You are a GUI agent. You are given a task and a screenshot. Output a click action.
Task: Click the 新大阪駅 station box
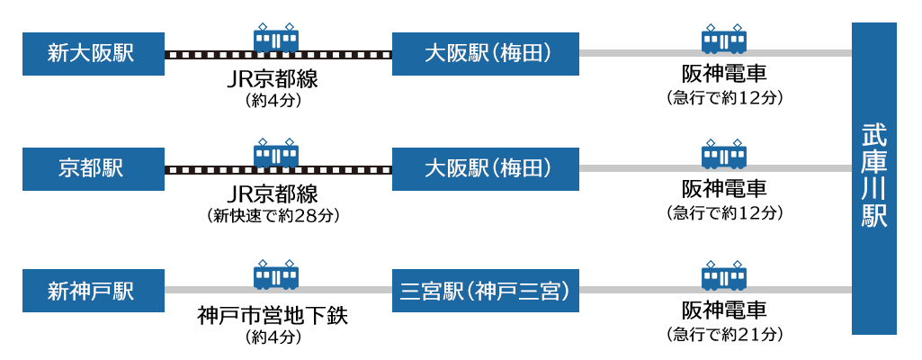click(x=93, y=53)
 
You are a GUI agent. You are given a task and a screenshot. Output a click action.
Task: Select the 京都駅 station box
click(x=93, y=168)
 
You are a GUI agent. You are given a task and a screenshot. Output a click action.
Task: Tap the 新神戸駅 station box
click(x=93, y=291)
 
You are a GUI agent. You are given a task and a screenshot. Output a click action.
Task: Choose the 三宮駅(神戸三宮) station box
click(x=485, y=291)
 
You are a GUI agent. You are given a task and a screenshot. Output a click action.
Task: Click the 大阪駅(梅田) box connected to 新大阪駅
click(x=485, y=53)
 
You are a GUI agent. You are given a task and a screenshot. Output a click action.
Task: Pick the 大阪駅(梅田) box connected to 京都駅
click(x=485, y=168)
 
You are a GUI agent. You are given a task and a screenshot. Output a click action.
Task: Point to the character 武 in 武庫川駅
click(x=873, y=137)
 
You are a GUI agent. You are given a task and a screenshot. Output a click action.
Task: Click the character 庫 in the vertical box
click(x=873, y=165)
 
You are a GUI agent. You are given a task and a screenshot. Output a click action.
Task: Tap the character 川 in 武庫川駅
click(x=873, y=192)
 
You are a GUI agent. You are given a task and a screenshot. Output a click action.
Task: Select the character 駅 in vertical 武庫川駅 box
click(x=873, y=219)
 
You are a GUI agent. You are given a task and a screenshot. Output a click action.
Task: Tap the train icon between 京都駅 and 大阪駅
click(x=276, y=153)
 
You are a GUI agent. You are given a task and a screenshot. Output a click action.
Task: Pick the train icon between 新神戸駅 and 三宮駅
click(x=276, y=274)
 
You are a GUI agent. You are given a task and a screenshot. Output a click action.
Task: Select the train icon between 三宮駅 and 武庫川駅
click(x=724, y=274)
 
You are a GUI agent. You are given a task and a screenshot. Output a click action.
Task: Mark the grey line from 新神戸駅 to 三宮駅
click(x=207, y=290)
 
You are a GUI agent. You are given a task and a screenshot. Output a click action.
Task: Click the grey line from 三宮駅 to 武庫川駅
click(x=630, y=290)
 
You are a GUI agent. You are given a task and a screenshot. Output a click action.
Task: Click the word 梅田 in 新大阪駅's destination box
click(x=528, y=53)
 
